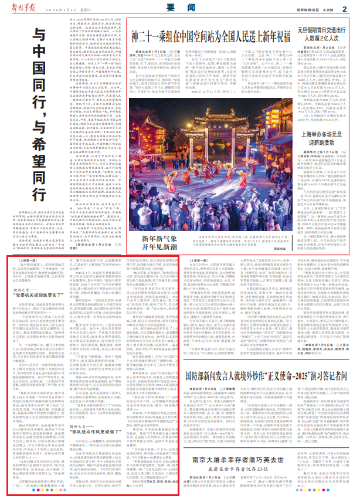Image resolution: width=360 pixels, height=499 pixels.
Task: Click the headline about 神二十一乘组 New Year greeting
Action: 210,36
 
